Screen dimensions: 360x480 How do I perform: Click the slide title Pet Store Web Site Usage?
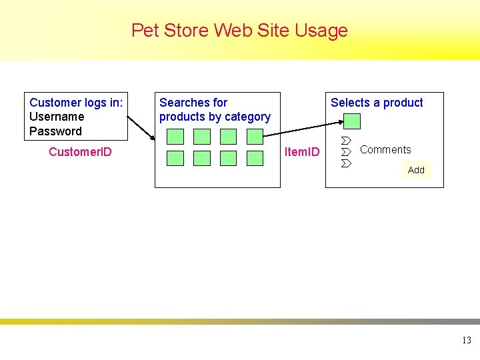point(239,31)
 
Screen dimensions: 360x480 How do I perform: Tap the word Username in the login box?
point(57,117)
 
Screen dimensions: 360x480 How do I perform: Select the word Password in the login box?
point(55,131)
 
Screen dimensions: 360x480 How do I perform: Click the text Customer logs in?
point(76,103)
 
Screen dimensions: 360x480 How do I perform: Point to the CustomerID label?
point(80,152)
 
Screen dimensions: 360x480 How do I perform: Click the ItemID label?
point(302,152)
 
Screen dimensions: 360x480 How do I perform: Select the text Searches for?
point(193,103)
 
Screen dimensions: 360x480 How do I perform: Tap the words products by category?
point(215,117)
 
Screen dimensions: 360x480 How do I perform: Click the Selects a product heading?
point(377,103)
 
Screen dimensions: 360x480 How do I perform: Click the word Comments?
point(385,150)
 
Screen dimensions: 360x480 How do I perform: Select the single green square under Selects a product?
point(352,121)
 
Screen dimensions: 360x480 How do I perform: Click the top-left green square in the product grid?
point(175,137)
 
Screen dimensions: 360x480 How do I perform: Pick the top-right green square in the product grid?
point(255,137)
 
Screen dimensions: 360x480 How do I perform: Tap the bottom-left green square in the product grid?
point(175,158)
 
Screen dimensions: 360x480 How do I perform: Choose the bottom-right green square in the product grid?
point(255,158)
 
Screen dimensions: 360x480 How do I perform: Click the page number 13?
point(466,341)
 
